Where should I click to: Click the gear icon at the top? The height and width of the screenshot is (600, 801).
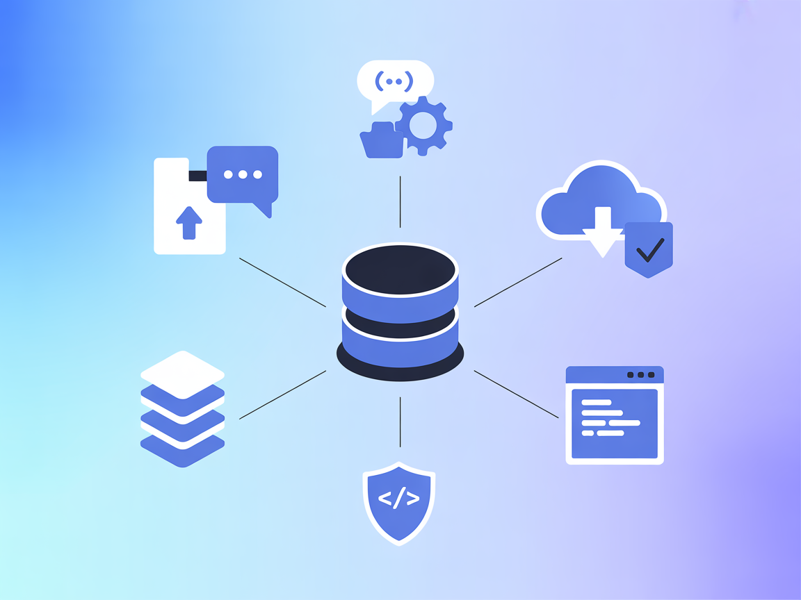pyautogui.click(x=423, y=126)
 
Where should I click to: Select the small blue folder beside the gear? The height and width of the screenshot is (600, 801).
pyautogui.click(x=381, y=141)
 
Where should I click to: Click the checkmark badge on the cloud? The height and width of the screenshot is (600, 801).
pyautogui.click(x=649, y=249)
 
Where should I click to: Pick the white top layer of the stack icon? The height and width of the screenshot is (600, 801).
pyautogui.click(x=182, y=374)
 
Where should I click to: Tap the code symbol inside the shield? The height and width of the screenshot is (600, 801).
pyautogui.click(x=399, y=498)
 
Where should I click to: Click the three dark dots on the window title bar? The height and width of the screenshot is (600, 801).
pyautogui.click(x=640, y=375)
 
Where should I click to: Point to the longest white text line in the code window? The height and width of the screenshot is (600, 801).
pyautogui.click(x=610, y=422)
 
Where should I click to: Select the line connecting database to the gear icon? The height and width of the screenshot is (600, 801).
pyautogui.click(x=400, y=201)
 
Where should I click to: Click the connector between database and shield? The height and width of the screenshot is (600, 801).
pyautogui.click(x=400, y=422)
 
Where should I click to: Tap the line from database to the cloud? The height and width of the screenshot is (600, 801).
pyautogui.click(x=518, y=282)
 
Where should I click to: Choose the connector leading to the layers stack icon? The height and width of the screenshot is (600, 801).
pyautogui.click(x=282, y=394)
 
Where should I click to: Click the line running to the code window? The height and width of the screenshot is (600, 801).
pyautogui.click(x=516, y=394)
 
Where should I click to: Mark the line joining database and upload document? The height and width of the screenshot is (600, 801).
pyautogui.click(x=282, y=282)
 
